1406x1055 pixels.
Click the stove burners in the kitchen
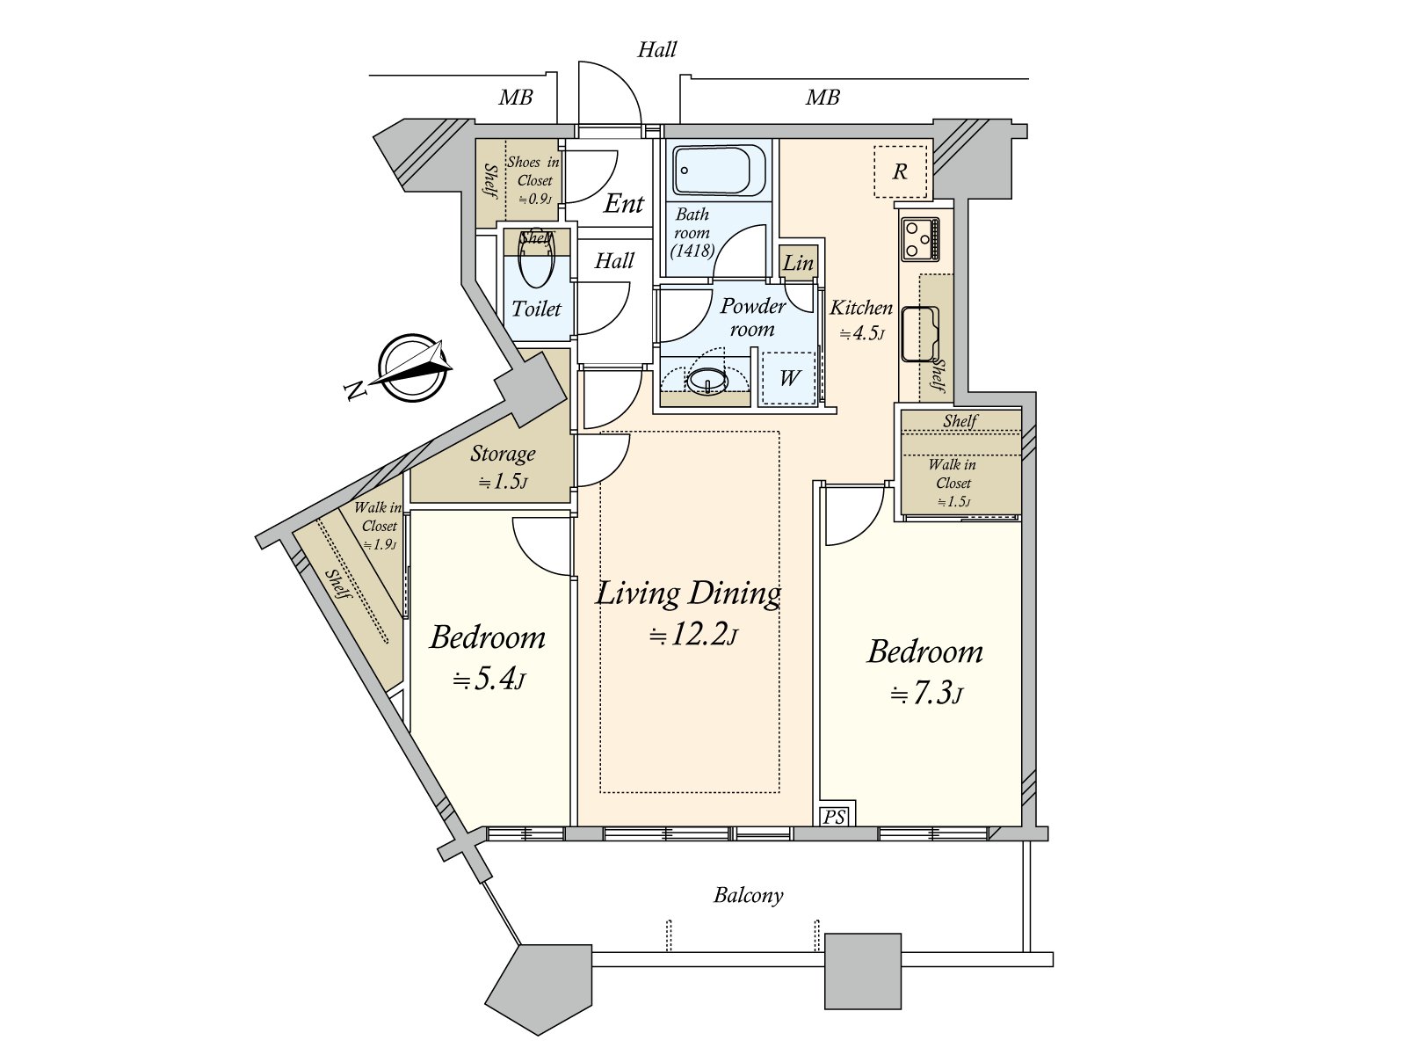[920, 239]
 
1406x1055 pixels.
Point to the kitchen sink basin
[920, 334]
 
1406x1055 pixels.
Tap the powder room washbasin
[707, 382]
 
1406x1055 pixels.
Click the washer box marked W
[788, 378]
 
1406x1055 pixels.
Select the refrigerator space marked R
[900, 171]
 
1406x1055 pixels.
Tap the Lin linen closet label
[798, 263]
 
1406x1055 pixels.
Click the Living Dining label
[689, 593]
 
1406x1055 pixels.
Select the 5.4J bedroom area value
[489, 680]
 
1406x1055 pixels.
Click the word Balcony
[748, 895]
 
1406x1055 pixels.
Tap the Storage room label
[503, 454]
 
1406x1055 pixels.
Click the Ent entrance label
[624, 204]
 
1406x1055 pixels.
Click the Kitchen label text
[861, 308]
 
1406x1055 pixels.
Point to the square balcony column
[863, 971]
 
